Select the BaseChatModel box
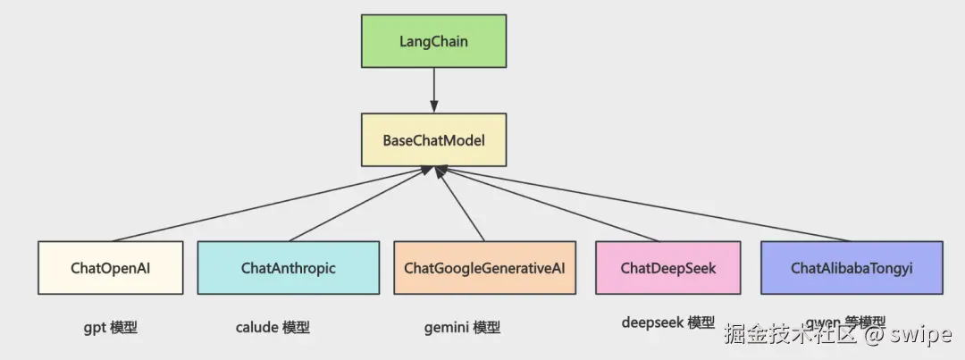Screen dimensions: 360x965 click(433, 139)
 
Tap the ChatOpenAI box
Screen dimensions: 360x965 click(111, 267)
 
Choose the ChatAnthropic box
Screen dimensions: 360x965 click(288, 267)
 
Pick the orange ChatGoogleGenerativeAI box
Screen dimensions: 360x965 click(484, 267)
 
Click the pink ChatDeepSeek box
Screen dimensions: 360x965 click(668, 267)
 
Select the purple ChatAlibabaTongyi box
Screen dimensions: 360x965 click(851, 267)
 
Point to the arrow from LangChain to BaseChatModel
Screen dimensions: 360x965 click(433, 90)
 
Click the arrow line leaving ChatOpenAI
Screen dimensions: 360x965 click(268, 205)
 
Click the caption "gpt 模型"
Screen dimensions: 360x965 click(111, 327)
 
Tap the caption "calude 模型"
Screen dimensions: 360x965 click(273, 327)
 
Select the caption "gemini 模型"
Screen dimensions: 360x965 click(461, 327)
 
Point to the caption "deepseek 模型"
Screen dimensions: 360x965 click(668, 322)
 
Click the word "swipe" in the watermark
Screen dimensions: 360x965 click(921, 335)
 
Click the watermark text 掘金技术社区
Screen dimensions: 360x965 click(791, 335)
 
